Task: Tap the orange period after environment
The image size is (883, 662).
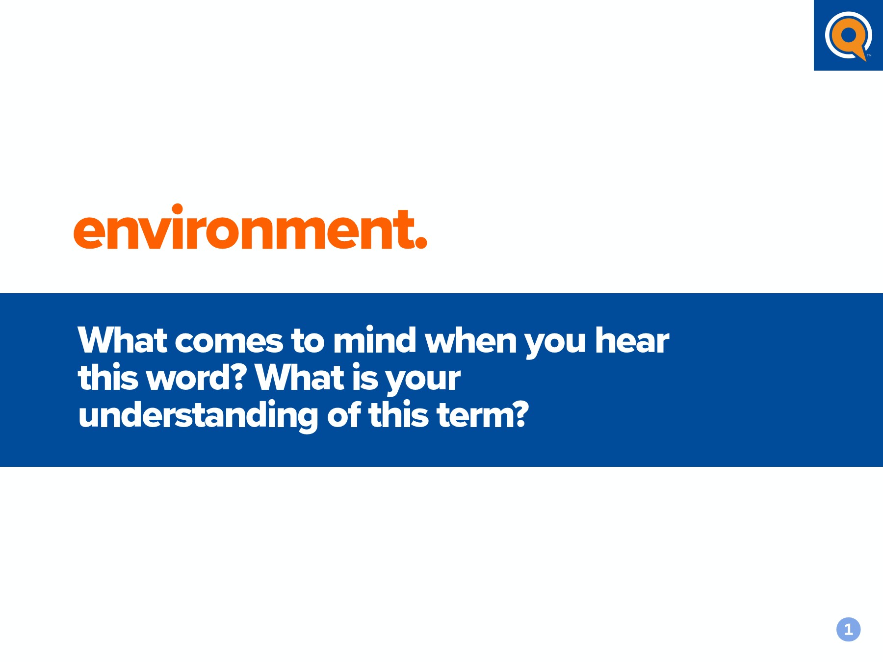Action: pyautogui.click(x=421, y=242)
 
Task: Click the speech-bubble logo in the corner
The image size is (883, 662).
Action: pyautogui.click(x=848, y=36)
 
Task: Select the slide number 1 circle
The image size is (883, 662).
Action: pyautogui.click(x=848, y=629)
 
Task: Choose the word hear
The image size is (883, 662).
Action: pyautogui.click(x=632, y=339)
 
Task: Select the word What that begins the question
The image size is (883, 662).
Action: pyautogui.click(x=122, y=339)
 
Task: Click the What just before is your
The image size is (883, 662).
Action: pyautogui.click(x=300, y=377)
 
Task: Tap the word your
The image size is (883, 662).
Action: pyautogui.click(x=423, y=381)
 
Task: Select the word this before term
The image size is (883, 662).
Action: pyautogui.click(x=399, y=414)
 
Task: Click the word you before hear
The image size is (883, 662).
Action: pyautogui.click(x=555, y=344)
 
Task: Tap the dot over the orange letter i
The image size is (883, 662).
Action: pyautogui.click(x=177, y=209)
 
